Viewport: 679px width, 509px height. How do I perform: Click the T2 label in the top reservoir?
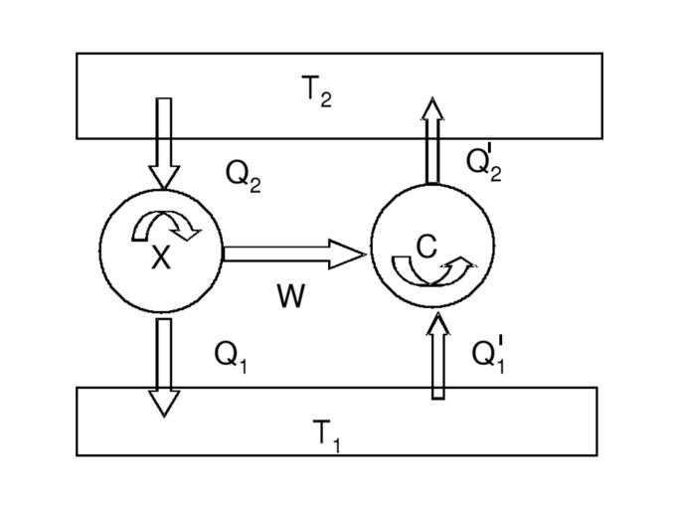(316, 91)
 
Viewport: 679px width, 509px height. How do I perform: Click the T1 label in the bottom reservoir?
(327, 434)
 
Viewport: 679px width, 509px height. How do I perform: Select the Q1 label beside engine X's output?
(231, 356)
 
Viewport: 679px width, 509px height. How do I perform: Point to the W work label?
(290, 295)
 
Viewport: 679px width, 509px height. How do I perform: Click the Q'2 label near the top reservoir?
(484, 162)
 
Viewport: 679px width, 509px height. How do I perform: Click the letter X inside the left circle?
(161, 258)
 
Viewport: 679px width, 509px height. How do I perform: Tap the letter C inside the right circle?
(426, 246)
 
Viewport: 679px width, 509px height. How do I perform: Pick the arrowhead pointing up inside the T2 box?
(432, 108)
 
